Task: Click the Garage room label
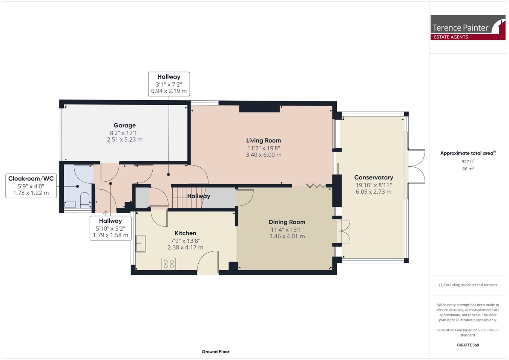(x=124, y=126)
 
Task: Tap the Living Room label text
(x=264, y=141)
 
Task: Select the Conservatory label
(x=374, y=178)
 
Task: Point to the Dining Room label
(x=287, y=222)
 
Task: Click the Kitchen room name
(x=186, y=233)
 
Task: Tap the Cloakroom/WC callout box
(x=31, y=186)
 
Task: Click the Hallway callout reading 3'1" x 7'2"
(x=169, y=84)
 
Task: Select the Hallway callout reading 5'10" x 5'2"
(x=110, y=228)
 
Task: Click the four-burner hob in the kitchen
(x=169, y=264)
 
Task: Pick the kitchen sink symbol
(x=141, y=244)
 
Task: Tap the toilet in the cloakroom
(x=85, y=200)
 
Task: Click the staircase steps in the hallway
(x=187, y=197)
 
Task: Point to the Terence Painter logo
(x=468, y=28)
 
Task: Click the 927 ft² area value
(x=468, y=161)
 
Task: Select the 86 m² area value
(x=468, y=169)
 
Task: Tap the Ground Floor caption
(x=216, y=352)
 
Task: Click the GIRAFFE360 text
(x=468, y=345)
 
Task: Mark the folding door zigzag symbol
(x=316, y=186)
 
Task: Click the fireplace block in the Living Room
(x=259, y=109)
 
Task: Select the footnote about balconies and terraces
(x=468, y=285)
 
